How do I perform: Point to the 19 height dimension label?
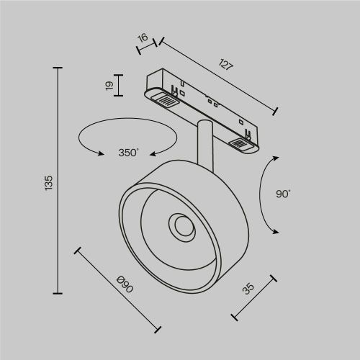pos(109,86)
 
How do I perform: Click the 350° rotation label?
pos(129,153)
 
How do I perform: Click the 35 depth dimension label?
pos(249,289)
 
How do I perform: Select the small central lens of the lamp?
pos(181,228)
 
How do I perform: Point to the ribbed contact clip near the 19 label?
pos(164,99)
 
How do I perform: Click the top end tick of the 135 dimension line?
pos(58,68)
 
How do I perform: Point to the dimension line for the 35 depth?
pos(253,296)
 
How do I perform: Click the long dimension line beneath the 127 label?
pos(217,75)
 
